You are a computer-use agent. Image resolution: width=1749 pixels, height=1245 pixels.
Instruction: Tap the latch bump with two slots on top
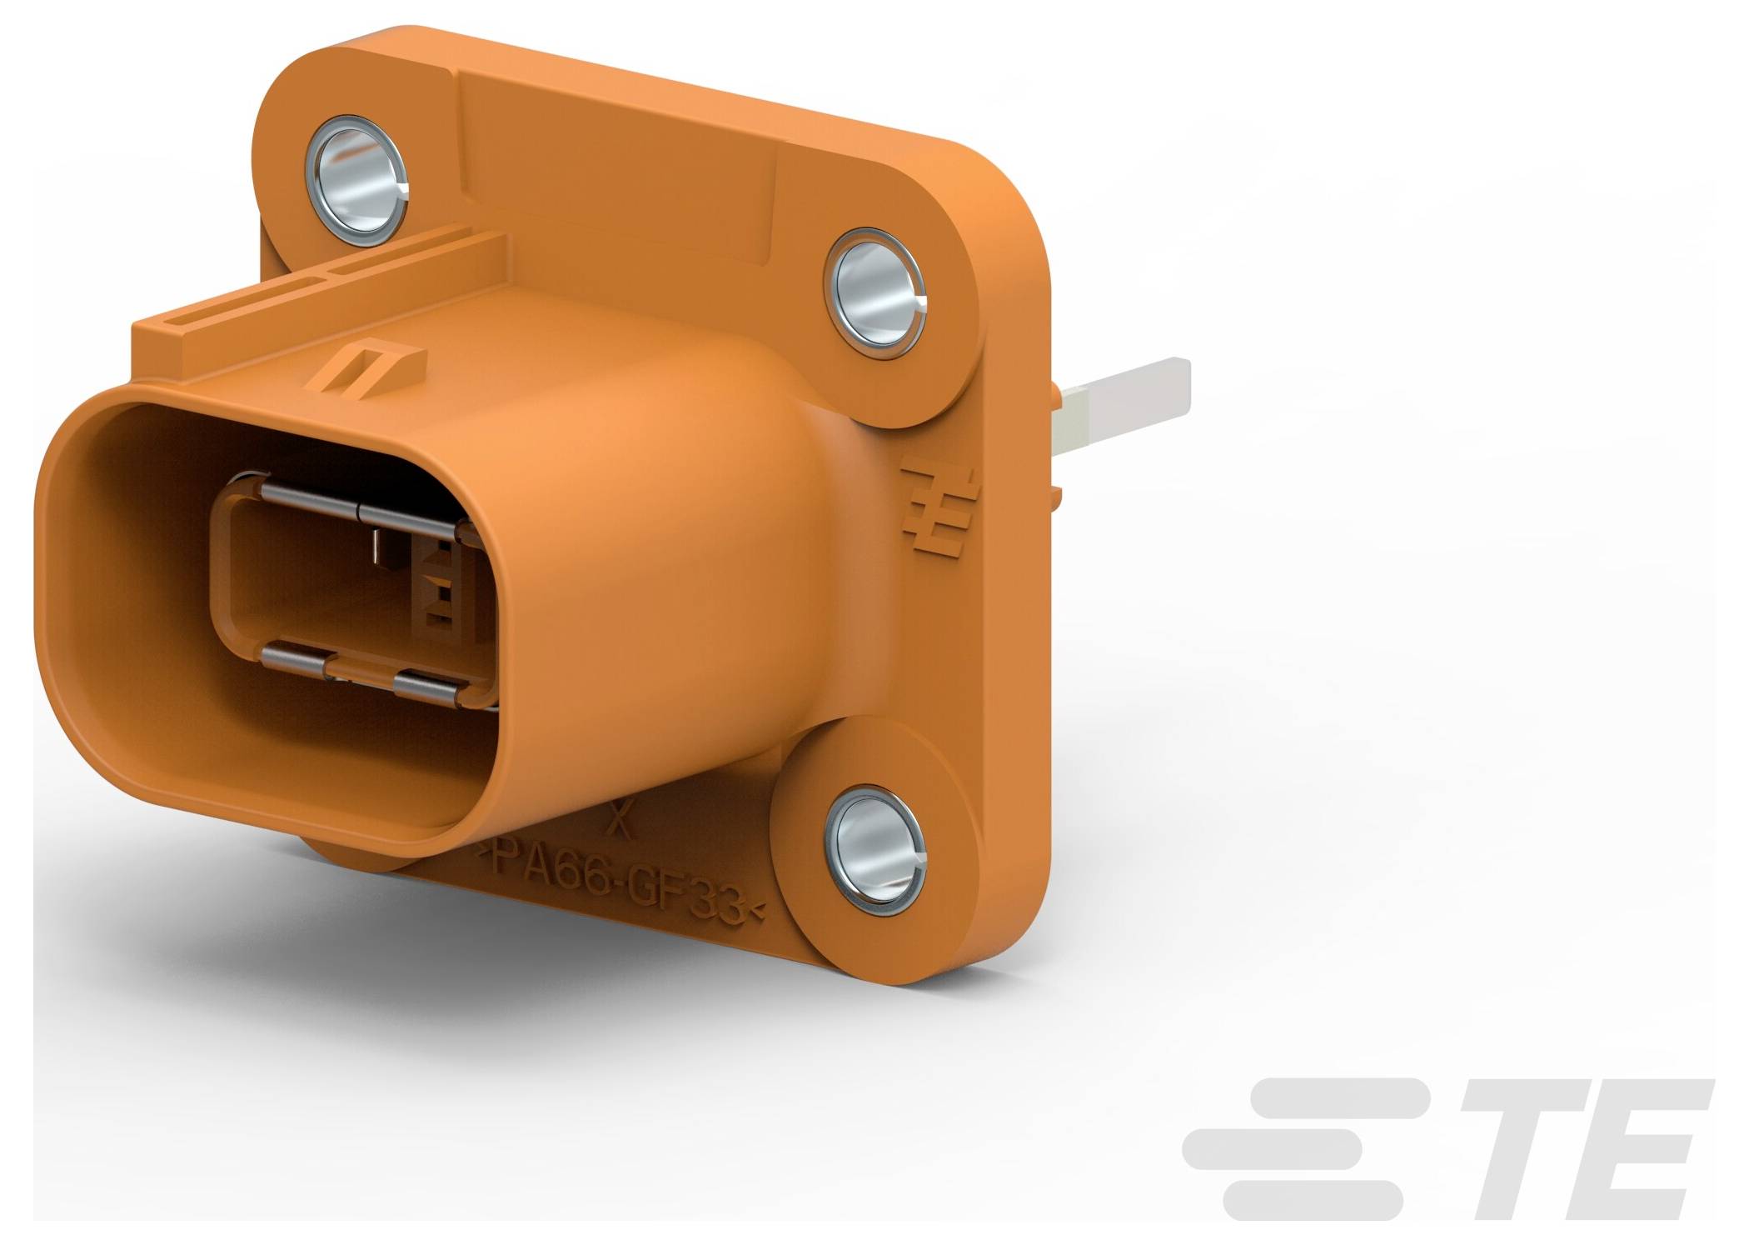click(x=366, y=367)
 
